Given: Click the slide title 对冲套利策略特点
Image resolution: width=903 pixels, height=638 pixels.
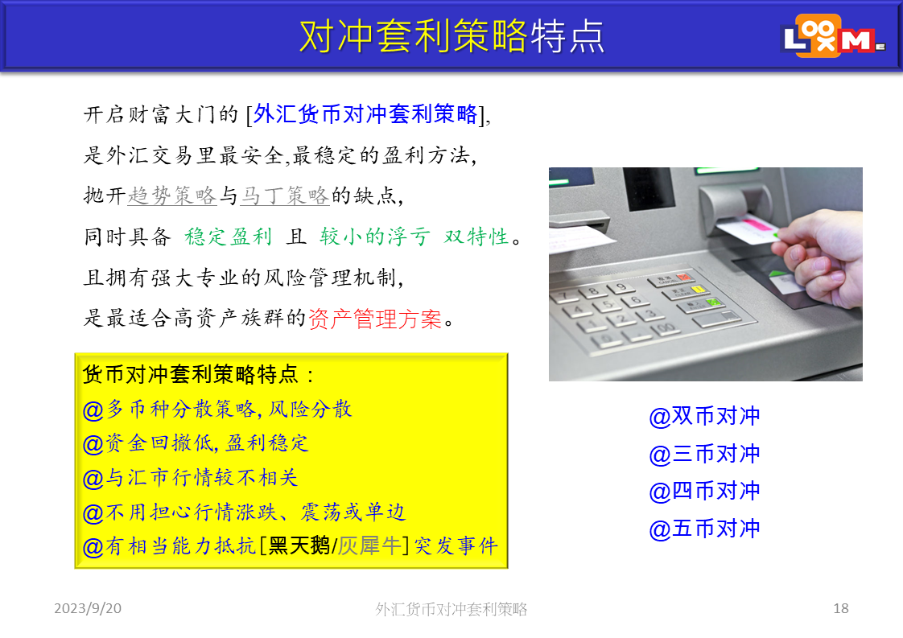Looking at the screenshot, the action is tap(451, 36).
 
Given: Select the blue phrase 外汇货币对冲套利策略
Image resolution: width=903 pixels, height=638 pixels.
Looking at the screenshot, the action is tap(365, 114).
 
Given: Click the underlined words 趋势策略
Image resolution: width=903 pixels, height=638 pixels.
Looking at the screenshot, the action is tap(171, 196).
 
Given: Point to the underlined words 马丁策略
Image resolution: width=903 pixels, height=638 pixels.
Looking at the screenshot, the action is tap(284, 196).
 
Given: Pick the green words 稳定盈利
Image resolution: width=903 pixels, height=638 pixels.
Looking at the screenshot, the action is tap(228, 237).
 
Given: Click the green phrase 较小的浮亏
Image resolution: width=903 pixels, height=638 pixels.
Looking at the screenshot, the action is tap(375, 237).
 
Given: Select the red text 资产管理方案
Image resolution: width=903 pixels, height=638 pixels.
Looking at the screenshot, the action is tap(375, 319).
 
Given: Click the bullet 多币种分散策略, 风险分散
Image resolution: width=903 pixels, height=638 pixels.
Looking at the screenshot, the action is tap(217, 410).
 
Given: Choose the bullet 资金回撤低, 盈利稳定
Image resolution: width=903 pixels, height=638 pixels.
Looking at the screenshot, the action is tap(196, 443).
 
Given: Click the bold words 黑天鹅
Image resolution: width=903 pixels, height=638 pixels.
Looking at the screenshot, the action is tap(299, 545).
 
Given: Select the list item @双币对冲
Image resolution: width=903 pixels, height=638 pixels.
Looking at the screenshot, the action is tap(704, 416).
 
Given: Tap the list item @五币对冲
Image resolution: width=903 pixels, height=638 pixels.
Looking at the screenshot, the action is tap(704, 529).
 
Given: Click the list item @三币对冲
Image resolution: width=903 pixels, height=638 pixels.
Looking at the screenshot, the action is tap(704, 454).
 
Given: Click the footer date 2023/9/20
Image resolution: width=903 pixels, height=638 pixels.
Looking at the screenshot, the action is tap(88, 608).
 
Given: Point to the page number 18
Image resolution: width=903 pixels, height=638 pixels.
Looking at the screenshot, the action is tap(841, 608).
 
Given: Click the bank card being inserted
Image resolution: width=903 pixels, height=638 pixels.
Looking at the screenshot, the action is tap(748, 229).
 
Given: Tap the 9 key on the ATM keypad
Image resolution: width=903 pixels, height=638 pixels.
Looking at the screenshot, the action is tap(621, 286).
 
